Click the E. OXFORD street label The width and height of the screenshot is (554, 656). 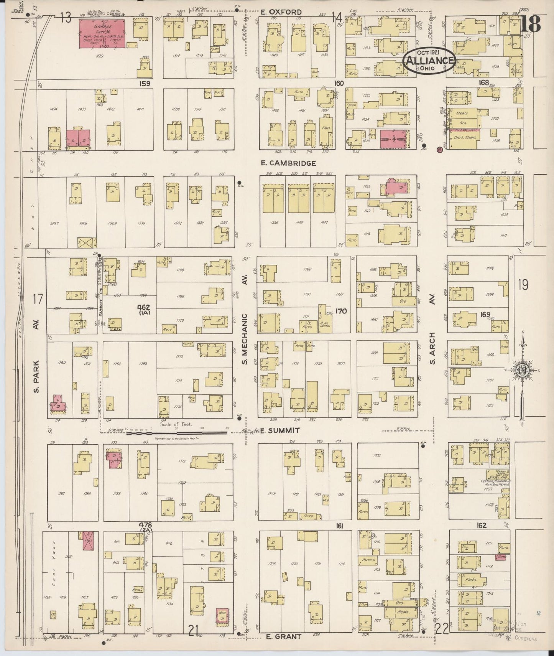pos(281,12)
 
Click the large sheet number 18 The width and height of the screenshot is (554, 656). pos(531,24)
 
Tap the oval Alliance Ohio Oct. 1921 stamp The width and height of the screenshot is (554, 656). pos(429,61)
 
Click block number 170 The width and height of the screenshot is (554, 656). pos(340,311)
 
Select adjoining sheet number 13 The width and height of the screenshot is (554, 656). pos(66,17)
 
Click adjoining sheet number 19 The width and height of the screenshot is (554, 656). pos(523,285)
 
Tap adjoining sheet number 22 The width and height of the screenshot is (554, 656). pos(442,628)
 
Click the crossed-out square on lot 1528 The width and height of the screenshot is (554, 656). pos(87,242)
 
